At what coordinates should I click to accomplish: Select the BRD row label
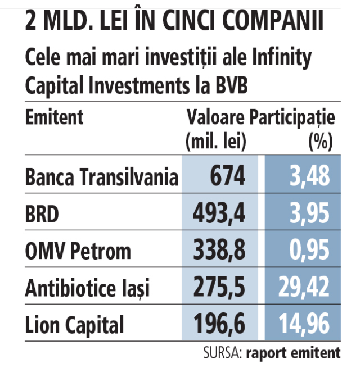[x=43, y=214]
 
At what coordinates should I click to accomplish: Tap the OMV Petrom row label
[x=78, y=251]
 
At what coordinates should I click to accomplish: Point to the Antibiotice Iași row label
[x=88, y=288]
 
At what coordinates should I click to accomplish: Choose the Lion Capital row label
[x=74, y=325]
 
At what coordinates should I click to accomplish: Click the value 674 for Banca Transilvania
[x=228, y=178]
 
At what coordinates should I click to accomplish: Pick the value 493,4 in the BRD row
[x=219, y=214]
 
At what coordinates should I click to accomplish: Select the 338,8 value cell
[x=219, y=251]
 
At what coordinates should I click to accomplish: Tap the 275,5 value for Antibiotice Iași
[x=219, y=288]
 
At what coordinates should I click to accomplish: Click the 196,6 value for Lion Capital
[x=219, y=325]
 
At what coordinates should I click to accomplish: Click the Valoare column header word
[x=217, y=117]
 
